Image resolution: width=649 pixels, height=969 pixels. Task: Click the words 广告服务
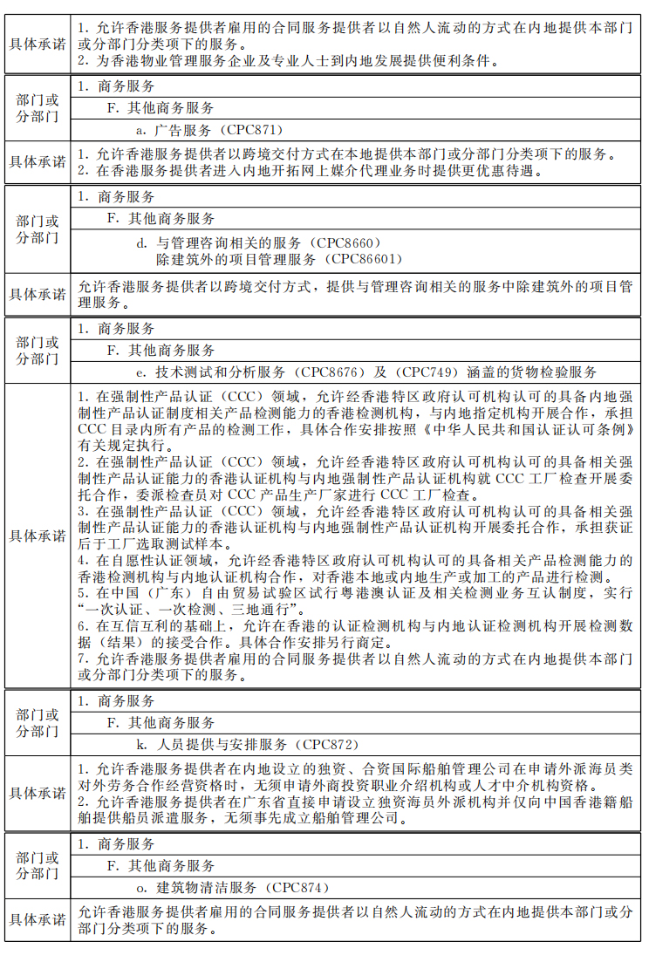tap(182, 130)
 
